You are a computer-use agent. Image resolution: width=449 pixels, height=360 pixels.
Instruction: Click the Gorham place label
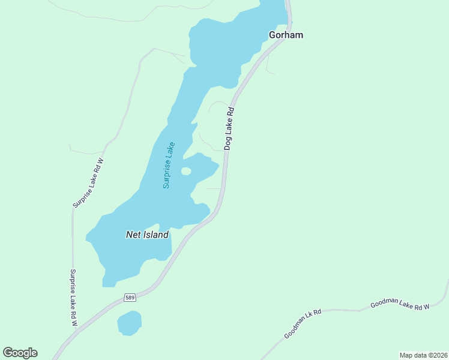[x=285, y=35]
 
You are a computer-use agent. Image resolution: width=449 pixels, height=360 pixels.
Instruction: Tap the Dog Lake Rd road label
[x=229, y=128]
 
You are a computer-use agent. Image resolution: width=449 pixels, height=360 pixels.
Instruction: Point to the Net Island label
[x=147, y=235]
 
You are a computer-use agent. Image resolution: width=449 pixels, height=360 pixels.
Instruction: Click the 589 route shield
[x=130, y=297]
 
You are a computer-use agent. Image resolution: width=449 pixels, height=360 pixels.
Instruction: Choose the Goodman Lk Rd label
[x=303, y=324]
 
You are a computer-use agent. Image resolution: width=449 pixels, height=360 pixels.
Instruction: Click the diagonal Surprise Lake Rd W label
[x=88, y=183]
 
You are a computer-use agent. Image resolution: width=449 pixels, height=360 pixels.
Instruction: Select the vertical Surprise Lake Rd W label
[x=74, y=298]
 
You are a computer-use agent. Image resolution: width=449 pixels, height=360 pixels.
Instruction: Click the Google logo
[x=20, y=353]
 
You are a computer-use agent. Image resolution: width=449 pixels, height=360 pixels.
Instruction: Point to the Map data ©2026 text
[x=423, y=355]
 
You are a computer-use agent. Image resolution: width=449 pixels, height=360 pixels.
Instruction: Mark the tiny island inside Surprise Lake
[x=186, y=172]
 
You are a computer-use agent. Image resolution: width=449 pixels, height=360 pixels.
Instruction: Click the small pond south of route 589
[x=129, y=323]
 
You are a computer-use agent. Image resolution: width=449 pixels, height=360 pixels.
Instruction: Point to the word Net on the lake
[x=133, y=235]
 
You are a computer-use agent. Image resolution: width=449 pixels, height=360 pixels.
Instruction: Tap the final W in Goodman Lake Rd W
[x=427, y=306]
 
